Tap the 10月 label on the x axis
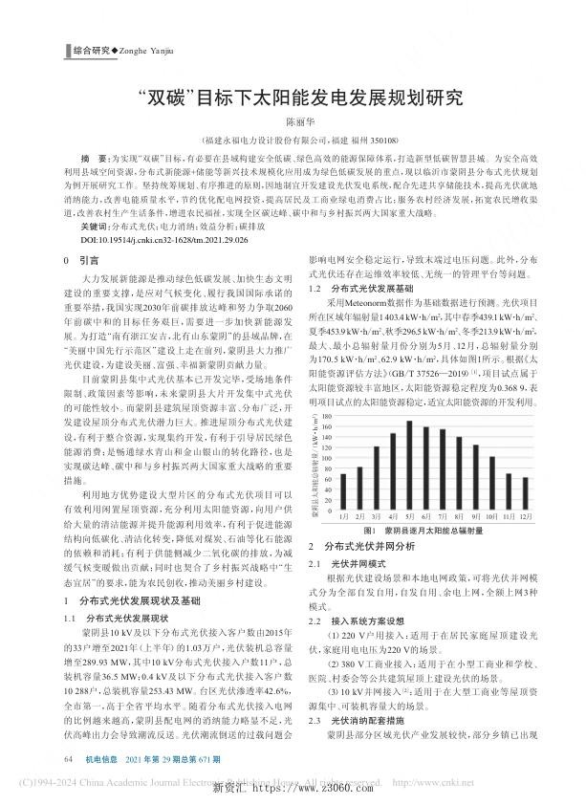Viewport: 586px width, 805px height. point(490,515)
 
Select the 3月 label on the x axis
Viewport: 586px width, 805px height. point(377,515)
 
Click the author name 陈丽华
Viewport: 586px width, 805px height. point(293,122)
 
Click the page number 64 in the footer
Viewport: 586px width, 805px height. point(68,758)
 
